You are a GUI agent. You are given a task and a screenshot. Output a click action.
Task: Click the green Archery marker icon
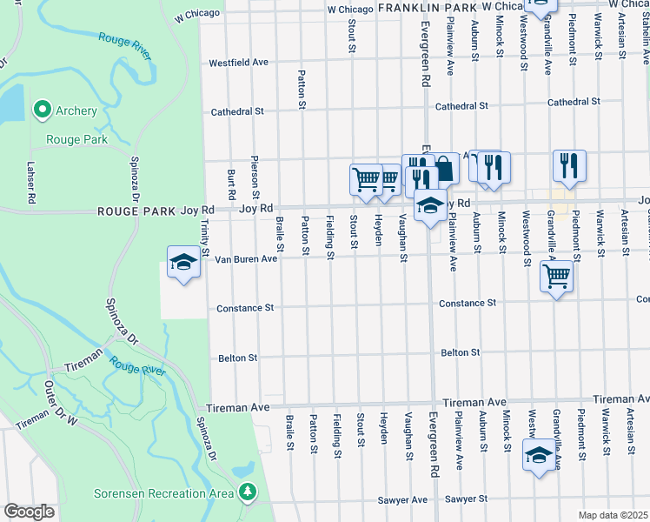[41, 110]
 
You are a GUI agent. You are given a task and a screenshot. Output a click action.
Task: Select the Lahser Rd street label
[30, 183]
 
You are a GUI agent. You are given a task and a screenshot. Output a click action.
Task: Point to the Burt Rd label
[232, 182]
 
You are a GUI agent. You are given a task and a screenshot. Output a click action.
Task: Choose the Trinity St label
[205, 237]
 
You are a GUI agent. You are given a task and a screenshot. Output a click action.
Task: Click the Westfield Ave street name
[238, 63]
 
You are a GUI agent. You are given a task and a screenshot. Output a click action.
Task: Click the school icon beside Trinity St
[184, 263]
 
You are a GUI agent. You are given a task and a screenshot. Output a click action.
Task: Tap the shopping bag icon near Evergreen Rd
[444, 168]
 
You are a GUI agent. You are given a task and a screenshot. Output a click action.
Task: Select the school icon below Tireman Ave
[539, 455]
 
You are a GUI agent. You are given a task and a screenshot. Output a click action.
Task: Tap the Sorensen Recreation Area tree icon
[248, 492]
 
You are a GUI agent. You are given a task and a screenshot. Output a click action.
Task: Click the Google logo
[29, 512]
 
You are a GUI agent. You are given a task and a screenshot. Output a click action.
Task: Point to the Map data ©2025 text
[613, 515]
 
